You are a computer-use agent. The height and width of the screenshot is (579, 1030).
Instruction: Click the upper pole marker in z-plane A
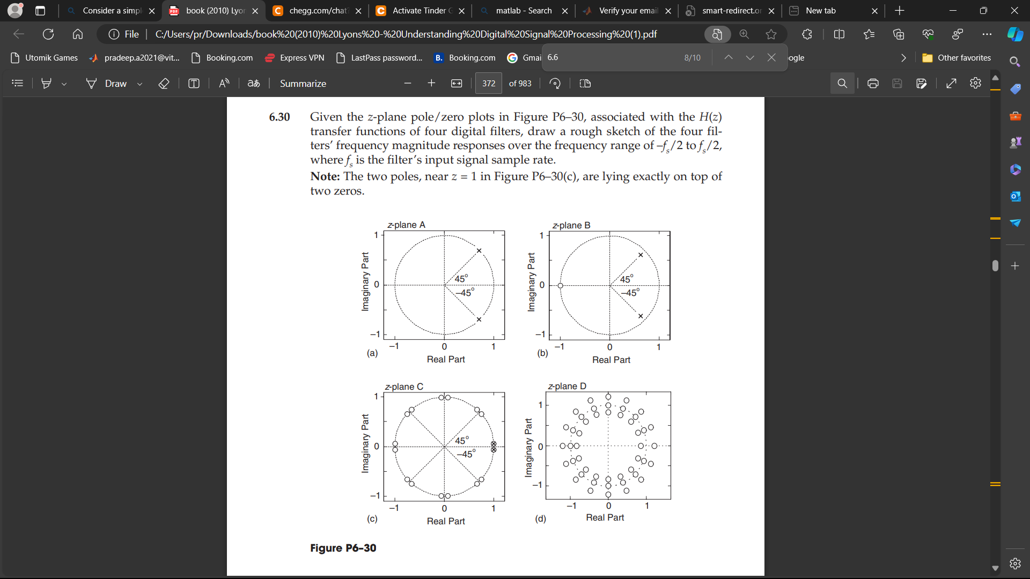[479, 251]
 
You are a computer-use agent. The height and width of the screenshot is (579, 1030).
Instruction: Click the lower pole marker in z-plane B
[641, 316]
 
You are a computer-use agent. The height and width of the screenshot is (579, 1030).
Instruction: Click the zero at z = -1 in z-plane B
[561, 286]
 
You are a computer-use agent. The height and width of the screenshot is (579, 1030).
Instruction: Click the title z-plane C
[404, 387]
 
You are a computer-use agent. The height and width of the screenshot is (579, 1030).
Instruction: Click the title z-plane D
[567, 386]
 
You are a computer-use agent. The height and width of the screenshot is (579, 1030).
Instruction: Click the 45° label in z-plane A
[461, 279]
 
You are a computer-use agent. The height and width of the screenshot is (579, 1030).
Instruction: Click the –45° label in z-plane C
[466, 454]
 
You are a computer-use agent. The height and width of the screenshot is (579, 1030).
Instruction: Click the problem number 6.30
[279, 117]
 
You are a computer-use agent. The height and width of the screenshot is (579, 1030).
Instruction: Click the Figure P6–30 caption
[343, 548]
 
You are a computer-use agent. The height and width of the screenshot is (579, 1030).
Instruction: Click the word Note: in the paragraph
[325, 176]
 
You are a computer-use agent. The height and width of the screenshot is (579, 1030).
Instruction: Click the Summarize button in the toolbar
[303, 84]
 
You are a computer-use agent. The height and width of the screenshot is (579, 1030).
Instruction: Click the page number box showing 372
[489, 84]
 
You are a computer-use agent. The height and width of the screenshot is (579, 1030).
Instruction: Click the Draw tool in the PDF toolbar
[107, 84]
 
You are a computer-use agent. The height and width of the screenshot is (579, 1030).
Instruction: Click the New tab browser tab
[821, 11]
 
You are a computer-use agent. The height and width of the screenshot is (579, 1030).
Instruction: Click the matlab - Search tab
[524, 11]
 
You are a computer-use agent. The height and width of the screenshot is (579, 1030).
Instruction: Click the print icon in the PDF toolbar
[873, 84]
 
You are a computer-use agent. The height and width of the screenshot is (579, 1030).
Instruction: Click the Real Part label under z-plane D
[605, 517]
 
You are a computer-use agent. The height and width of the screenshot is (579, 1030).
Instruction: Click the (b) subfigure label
[543, 353]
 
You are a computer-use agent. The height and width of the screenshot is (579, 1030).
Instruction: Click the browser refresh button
[48, 34]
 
